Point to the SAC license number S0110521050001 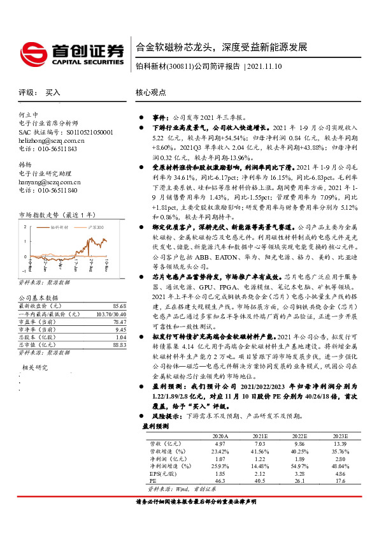coord(77,132)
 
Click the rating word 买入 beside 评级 coord(53,92)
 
